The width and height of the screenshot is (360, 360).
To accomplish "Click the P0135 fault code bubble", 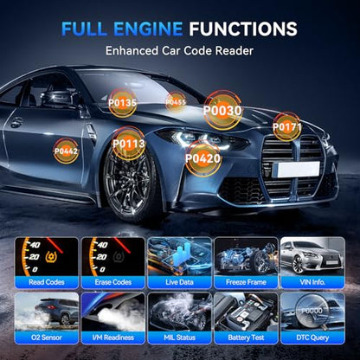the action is (x=122, y=103).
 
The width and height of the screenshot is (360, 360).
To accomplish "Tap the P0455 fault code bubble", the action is (x=176, y=102).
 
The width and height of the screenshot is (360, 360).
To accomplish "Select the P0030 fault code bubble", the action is (x=222, y=110).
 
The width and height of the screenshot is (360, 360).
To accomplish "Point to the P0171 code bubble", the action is (x=287, y=126).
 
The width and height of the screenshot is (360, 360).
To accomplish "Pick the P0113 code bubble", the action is (x=129, y=144).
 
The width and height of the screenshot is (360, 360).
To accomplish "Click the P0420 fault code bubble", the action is (x=202, y=158).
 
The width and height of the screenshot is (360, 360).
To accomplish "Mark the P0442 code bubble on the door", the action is (x=66, y=151).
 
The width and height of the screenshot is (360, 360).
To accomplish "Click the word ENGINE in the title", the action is (x=148, y=29).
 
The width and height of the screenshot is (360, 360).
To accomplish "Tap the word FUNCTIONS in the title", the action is (x=243, y=29).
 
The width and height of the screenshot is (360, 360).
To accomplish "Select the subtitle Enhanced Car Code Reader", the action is (x=179, y=51).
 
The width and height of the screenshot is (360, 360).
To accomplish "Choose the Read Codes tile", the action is (x=47, y=263).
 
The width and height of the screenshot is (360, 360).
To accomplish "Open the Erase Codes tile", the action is (x=113, y=263).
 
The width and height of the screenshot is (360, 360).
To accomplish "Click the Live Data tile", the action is (x=179, y=263).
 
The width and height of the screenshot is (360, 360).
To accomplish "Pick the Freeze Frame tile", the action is (x=246, y=263).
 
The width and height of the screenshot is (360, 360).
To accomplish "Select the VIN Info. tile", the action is (x=312, y=263).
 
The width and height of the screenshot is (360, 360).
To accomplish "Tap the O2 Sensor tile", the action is (x=47, y=318).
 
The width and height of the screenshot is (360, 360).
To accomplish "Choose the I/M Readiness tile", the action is (x=113, y=318).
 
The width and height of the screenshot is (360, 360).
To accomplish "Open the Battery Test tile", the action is (x=246, y=318).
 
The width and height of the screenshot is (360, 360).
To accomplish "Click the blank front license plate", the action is (x=299, y=169).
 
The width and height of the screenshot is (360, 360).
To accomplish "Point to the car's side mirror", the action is (x=56, y=98).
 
